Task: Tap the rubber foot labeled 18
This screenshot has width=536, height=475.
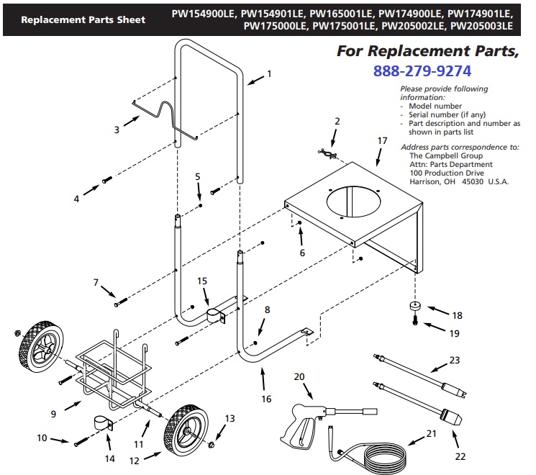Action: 417,307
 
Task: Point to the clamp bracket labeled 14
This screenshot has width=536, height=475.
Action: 101,422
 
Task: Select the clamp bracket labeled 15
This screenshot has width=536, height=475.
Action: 214,315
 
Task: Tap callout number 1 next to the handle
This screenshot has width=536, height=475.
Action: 269,73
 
